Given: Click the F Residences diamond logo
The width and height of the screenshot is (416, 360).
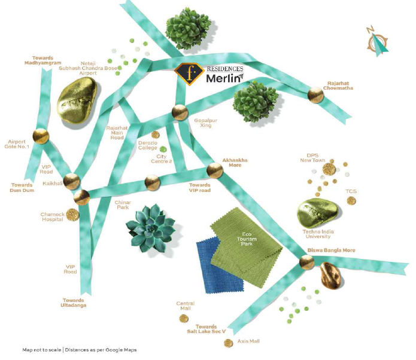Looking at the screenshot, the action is tap(189, 74).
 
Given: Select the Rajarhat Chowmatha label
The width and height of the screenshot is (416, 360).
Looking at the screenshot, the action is tap(338, 86).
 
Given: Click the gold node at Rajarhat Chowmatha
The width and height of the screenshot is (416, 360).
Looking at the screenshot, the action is tap(315, 95).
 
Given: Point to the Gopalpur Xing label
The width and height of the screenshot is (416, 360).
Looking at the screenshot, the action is tap(206, 123).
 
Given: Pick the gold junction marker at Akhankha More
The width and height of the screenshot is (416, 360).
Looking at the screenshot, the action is tap(215, 170).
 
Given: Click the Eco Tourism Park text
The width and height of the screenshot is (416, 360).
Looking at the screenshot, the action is tap(247, 239).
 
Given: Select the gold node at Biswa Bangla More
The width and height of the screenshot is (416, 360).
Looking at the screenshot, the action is tap(306, 263).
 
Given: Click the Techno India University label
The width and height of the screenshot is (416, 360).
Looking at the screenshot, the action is tap(318, 234).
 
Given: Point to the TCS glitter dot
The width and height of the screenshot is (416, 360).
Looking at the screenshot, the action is tap(351, 201).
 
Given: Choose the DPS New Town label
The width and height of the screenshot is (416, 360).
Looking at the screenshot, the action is tap(312, 158).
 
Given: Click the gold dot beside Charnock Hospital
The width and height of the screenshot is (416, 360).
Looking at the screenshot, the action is tap(72, 215).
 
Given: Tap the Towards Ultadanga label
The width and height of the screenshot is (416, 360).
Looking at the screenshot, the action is tap(74, 303).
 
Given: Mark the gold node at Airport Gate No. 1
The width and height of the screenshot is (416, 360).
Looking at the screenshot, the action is tap(41, 136).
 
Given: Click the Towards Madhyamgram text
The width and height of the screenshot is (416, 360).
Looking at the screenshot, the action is tap(42, 60).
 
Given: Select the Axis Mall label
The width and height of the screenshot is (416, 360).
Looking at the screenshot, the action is tap(248, 341).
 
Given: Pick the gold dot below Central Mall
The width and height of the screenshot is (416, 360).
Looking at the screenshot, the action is tap(184, 319).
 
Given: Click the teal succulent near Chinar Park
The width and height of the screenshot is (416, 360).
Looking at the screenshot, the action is tap(150, 227).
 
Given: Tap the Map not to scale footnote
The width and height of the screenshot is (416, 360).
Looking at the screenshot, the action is tap(80, 350).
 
